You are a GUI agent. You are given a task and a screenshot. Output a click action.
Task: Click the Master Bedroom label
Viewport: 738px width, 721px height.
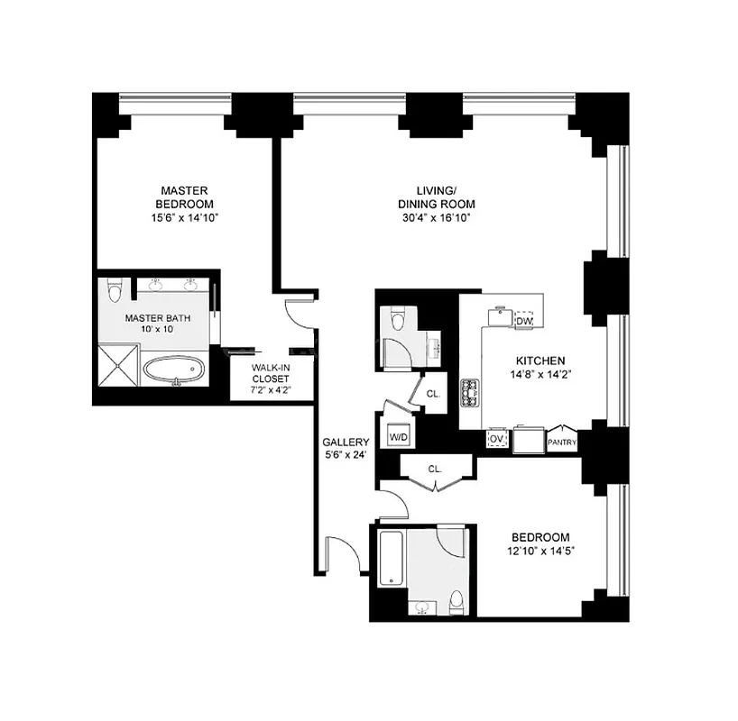(x=185, y=197)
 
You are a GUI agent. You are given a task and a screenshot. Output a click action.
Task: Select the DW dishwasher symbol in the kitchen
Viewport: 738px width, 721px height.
(x=523, y=321)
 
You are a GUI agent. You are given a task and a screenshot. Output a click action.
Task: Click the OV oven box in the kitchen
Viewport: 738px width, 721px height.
(x=495, y=439)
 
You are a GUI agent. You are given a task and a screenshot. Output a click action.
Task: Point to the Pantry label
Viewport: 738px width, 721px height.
(x=561, y=443)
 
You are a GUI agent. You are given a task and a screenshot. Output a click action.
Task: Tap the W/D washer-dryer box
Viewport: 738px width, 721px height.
(x=399, y=437)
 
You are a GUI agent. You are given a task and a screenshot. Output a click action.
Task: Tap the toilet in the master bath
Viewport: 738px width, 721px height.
(x=113, y=291)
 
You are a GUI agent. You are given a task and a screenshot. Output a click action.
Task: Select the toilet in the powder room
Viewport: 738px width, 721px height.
(x=398, y=320)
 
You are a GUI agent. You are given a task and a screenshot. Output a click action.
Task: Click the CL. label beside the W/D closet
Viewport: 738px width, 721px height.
(x=433, y=394)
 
